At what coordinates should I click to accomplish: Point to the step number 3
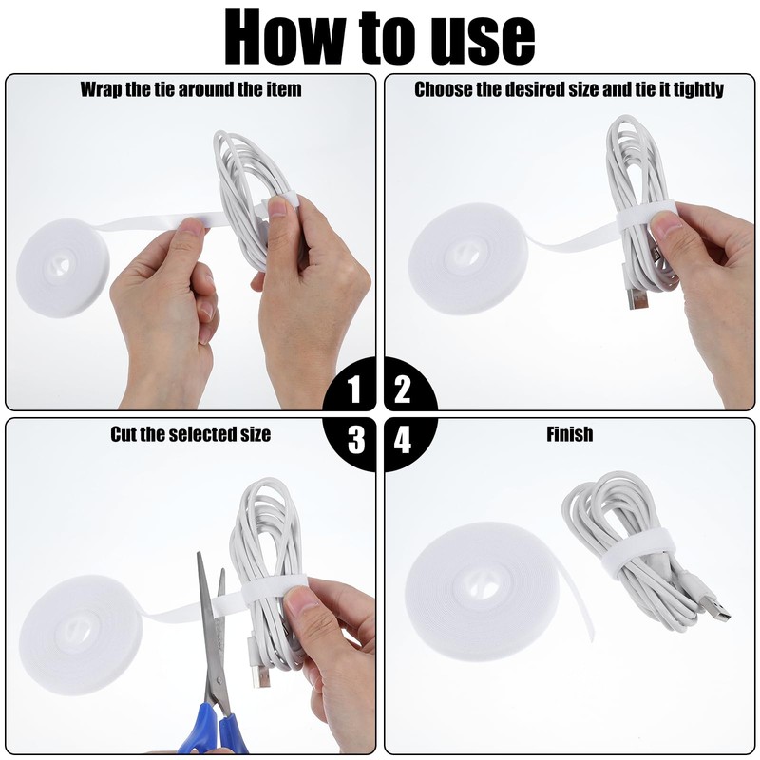coord(356,439)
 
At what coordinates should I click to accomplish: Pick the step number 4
coord(402,439)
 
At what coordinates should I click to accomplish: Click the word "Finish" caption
coord(569,434)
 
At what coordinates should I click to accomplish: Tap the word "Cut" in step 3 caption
coord(123,434)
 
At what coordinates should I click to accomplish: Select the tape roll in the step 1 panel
coord(63,268)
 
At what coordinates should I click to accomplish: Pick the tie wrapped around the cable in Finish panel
coord(638,558)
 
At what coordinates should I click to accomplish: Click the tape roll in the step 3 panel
coord(81,636)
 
